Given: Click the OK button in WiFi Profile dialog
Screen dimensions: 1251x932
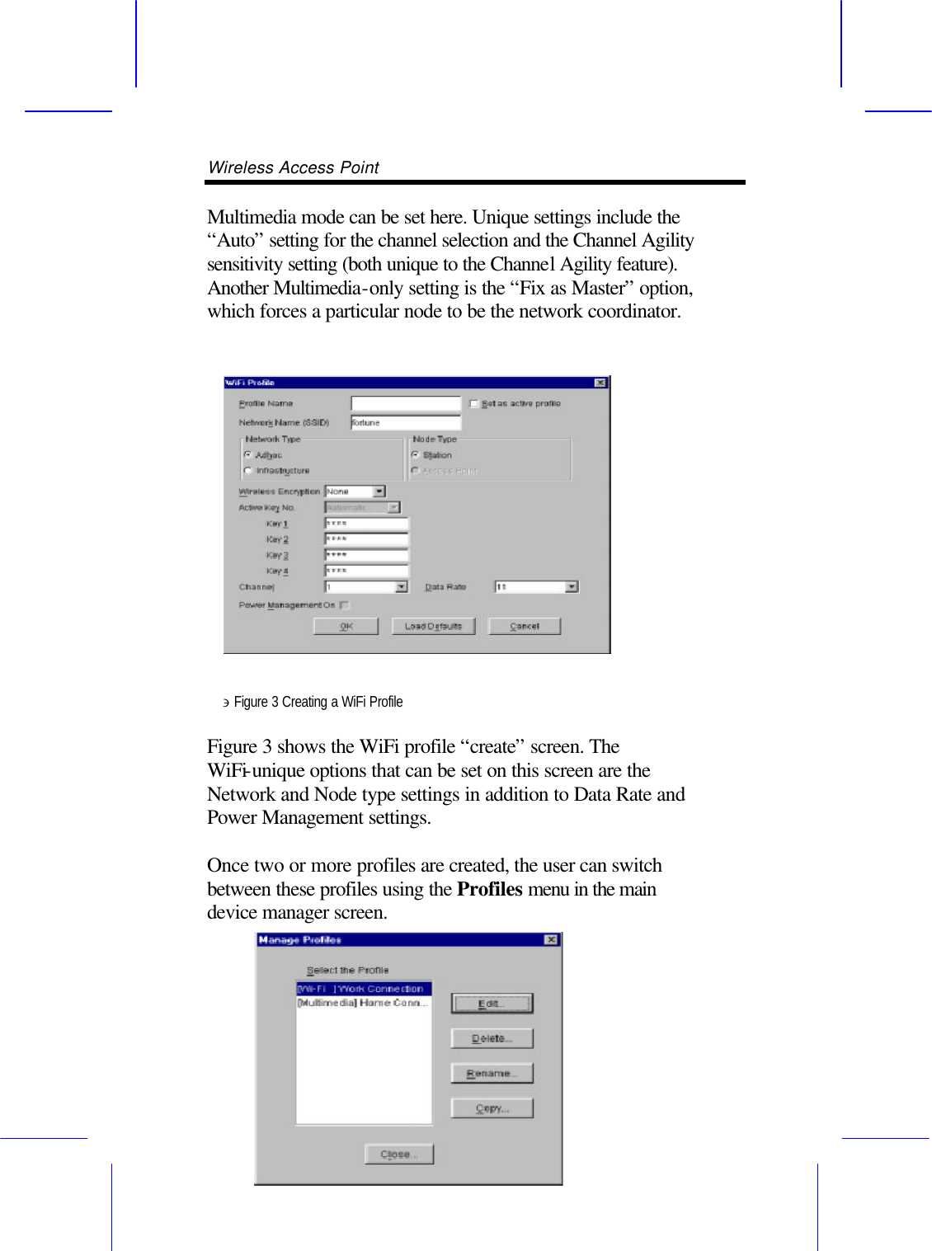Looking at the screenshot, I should pos(346,627).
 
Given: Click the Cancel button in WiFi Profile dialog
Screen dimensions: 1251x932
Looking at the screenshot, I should pos(524,627).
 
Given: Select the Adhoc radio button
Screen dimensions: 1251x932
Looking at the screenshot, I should pos(248,455).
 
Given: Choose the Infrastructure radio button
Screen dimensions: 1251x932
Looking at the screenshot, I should pos(248,471).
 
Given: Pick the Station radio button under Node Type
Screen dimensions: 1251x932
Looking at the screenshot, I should pos(415,455).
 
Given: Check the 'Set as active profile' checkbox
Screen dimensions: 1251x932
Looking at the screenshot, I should pos(474,404).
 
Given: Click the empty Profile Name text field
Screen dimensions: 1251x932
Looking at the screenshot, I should pos(405,404).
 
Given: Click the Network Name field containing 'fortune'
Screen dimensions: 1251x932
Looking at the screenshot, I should pos(405,423).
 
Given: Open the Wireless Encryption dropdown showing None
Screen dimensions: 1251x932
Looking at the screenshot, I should pos(379,491).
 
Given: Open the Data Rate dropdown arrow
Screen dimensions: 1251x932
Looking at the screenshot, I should pos(571,587).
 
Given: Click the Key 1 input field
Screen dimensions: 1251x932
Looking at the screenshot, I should pos(366,524).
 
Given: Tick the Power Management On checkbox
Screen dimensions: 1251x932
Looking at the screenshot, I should pos(344,605).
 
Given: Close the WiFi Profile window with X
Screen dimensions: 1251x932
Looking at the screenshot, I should pos(600,383).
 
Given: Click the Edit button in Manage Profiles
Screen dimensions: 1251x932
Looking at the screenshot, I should pos(492,1004).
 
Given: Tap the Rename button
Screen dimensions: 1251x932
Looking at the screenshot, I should pos(492,1074).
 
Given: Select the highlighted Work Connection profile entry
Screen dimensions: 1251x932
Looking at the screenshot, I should pos(363,989).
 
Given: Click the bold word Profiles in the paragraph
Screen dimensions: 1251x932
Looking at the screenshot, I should pos(489,889).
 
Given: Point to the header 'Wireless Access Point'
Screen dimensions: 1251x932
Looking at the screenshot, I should pos(294,167).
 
